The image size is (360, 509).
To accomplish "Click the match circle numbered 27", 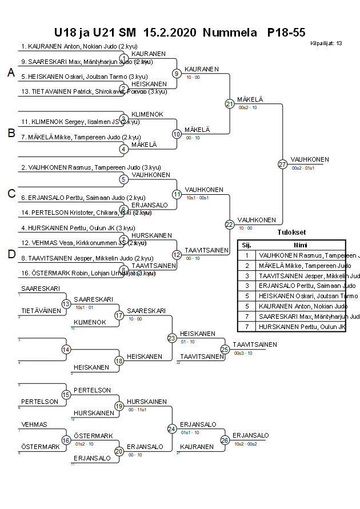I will click(282, 164).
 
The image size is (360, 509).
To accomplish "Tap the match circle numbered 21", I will click(230, 103).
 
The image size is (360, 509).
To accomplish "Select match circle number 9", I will click(177, 73).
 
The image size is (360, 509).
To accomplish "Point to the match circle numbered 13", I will click(66, 304).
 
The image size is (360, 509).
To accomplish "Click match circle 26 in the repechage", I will click(225, 440).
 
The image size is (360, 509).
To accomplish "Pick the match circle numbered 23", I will click(171, 338).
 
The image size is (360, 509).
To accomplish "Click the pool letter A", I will click(10, 73).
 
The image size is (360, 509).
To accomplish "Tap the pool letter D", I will click(10, 255).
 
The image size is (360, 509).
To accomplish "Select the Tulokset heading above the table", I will click(291, 233).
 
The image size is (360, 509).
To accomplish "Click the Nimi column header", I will click(300, 245).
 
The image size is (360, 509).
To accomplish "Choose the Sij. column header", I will click(246, 245).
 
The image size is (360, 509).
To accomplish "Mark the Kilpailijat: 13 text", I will click(326, 43).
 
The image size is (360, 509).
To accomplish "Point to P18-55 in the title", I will click(286, 33).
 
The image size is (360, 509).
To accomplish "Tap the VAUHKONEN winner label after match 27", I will click(310, 159).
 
